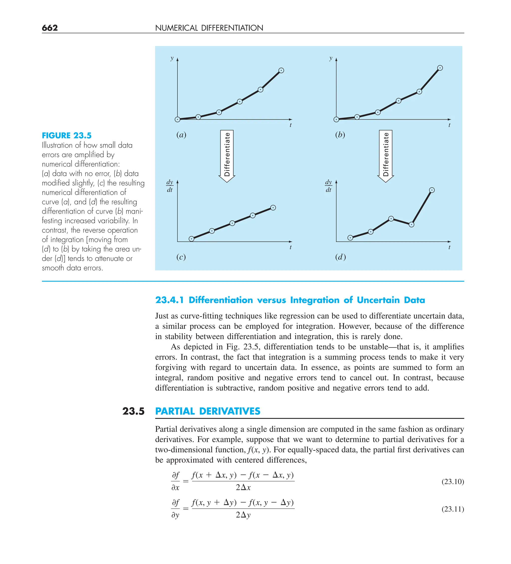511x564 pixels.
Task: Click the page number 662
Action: [50, 28]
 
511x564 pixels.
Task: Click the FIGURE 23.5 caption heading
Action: [67, 135]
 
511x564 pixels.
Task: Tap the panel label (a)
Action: [181, 135]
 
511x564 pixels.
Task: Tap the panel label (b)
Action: [340, 135]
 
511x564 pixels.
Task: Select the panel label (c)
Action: [181, 257]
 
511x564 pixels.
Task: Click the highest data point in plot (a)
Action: [281, 71]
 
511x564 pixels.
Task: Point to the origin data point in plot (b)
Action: [336, 119]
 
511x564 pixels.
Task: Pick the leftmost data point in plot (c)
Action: [192, 239]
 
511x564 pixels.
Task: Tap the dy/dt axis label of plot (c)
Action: [170, 186]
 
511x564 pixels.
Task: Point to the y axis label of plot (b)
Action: [331, 59]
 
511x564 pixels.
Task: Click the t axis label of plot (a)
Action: [290, 125]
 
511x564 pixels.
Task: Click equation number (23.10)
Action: [452, 481]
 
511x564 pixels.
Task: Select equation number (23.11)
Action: [452, 509]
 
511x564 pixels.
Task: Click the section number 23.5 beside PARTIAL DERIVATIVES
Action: [133, 411]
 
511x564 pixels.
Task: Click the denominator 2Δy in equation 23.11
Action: [243, 515]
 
